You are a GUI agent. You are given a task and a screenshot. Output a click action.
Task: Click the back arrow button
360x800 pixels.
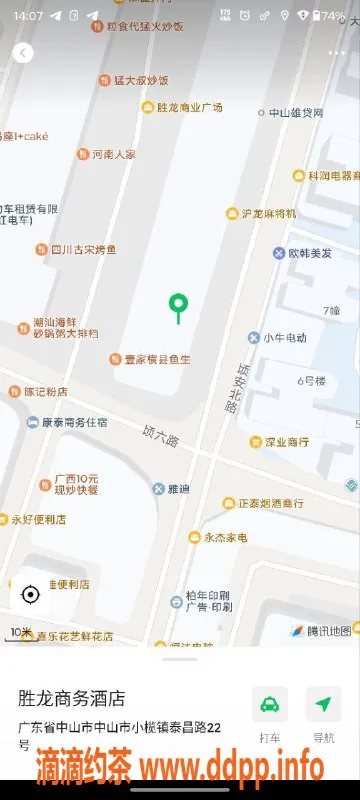[23, 54]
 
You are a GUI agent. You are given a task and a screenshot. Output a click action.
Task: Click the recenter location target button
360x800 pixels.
[30, 595]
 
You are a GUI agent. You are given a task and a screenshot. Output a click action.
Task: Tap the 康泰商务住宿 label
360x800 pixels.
[66, 423]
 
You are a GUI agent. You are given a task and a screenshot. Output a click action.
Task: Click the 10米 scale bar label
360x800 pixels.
[21, 632]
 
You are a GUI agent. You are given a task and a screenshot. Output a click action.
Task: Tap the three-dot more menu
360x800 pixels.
[336, 52]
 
